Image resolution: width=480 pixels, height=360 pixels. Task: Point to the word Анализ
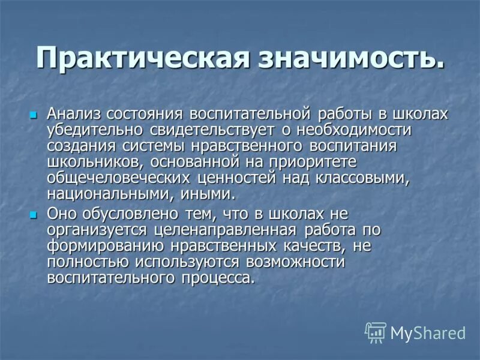coord(76,113)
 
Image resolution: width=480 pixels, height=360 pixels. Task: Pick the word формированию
coord(104,247)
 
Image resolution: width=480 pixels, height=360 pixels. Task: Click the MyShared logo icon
coord(376,332)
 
